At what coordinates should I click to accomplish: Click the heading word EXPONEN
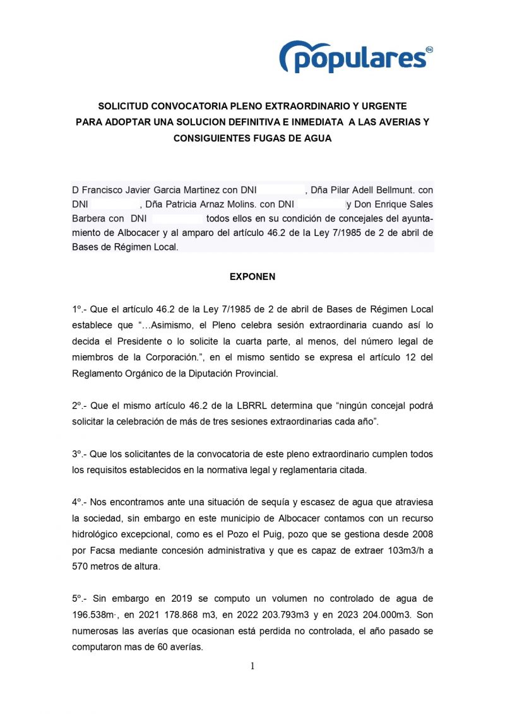coord(252,277)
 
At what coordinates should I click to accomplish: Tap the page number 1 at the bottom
coord(252,666)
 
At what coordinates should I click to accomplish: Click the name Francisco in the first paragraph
coord(100,190)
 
